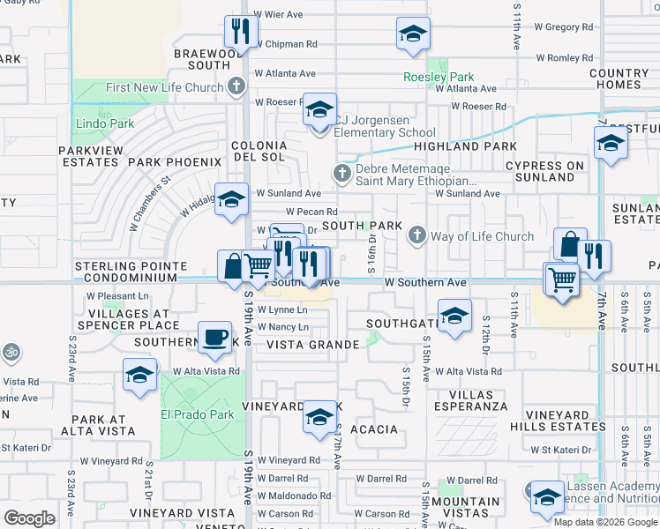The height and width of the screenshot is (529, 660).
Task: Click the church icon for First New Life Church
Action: (236, 87)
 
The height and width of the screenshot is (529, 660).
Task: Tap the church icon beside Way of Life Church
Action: (416, 235)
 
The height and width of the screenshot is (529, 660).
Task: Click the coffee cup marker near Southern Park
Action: (214, 337)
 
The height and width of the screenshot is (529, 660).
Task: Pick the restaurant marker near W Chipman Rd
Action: (240, 32)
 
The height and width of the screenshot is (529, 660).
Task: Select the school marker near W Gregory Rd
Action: (413, 34)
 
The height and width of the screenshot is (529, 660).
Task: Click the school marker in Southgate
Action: (454, 315)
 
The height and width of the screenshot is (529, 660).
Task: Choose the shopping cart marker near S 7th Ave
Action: (561, 279)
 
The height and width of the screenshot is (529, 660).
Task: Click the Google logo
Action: (30, 518)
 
